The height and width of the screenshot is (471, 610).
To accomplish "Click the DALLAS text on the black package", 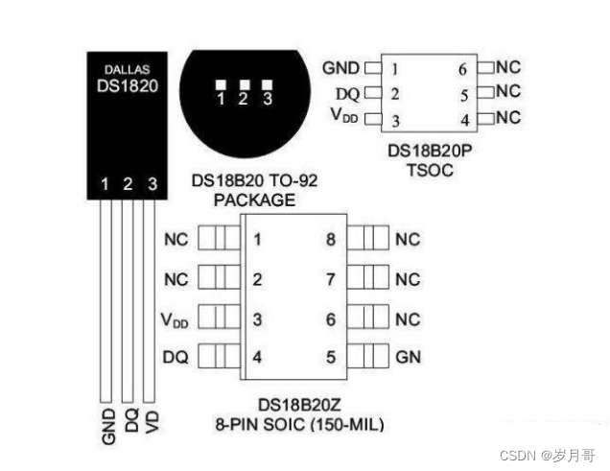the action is pos(127,69).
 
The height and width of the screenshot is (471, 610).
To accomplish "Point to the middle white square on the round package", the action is pos(243,83).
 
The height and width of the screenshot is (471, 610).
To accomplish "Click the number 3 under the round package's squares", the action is pos(267,99).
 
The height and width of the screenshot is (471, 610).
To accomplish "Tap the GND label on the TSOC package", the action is pos(340,68).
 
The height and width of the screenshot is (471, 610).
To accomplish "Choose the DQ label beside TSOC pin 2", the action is pos(347,94).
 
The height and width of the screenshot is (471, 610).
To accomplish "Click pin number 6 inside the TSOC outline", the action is pos(463,69).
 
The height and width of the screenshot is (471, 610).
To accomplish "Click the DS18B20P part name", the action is pos(428,152).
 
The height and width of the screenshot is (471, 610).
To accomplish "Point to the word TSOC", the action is pos(428,170).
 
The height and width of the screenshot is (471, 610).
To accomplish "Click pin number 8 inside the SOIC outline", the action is pos(331,240).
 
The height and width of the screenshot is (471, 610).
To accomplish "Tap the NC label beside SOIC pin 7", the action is pos(408,280).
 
